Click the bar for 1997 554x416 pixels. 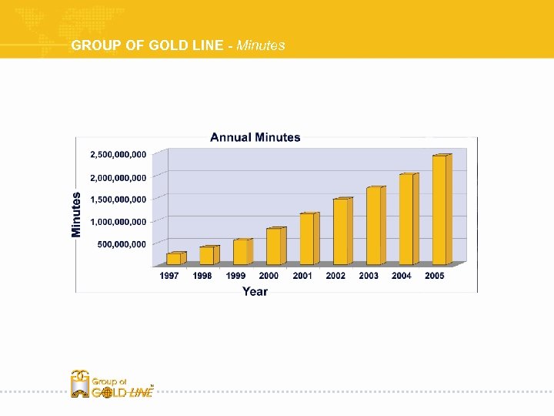pyautogui.click(x=174, y=259)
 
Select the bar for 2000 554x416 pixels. pyautogui.click(x=274, y=247)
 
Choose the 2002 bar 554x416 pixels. pyautogui.click(x=340, y=232)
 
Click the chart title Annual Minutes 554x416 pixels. pyautogui.click(x=255, y=137)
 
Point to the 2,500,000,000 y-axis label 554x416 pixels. pyautogui.click(x=118, y=154)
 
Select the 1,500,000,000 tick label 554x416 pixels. pyautogui.click(x=118, y=199)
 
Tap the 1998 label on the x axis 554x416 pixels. pyautogui.click(x=202, y=276)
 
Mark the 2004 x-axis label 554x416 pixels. pyautogui.click(x=401, y=276)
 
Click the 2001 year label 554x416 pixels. pyautogui.click(x=302, y=276)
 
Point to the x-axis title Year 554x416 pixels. pyautogui.click(x=255, y=291)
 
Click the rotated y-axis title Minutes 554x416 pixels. pyautogui.click(x=77, y=214)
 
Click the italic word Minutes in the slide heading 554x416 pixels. pyautogui.click(x=261, y=45)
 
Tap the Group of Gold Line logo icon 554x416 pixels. pyautogui.click(x=80, y=384)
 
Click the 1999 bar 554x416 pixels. pyautogui.click(x=241, y=252)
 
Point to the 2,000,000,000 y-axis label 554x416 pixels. pyautogui.click(x=118, y=177)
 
